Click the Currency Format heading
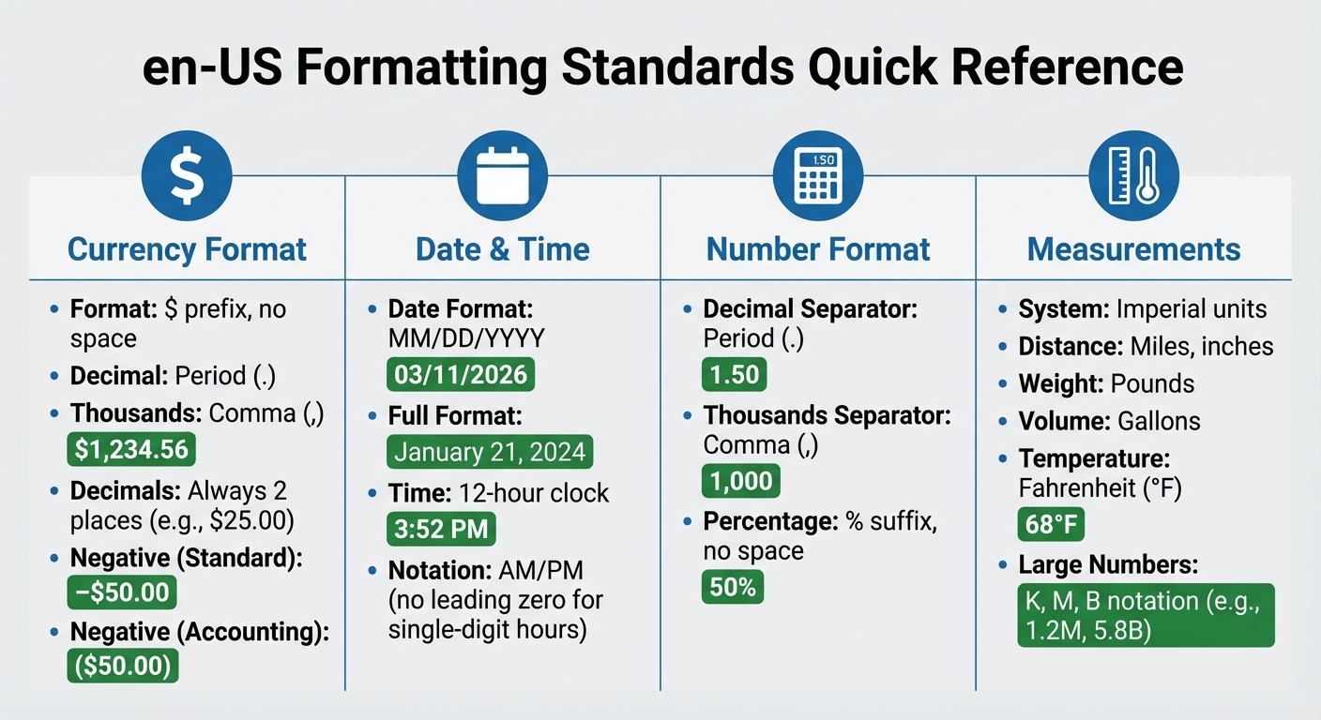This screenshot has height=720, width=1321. coord(188,249)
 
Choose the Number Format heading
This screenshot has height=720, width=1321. coord(818,249)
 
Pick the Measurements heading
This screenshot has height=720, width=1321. coord(1133,249)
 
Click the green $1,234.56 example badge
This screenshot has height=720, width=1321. coord(131,450)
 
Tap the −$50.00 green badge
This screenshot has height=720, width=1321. coord(122,592)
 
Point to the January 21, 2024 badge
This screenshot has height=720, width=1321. coord(490,453)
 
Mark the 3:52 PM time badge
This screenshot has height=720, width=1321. coord(441,530)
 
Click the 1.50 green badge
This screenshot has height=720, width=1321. coord(735,375)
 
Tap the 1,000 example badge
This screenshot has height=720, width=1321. coord(741,482)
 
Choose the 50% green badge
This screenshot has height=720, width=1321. coord(733,588)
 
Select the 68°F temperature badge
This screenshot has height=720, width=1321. coord(1051,525)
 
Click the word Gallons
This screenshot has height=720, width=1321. coord(1159,421)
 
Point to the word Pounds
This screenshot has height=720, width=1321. coord(1152,383)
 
